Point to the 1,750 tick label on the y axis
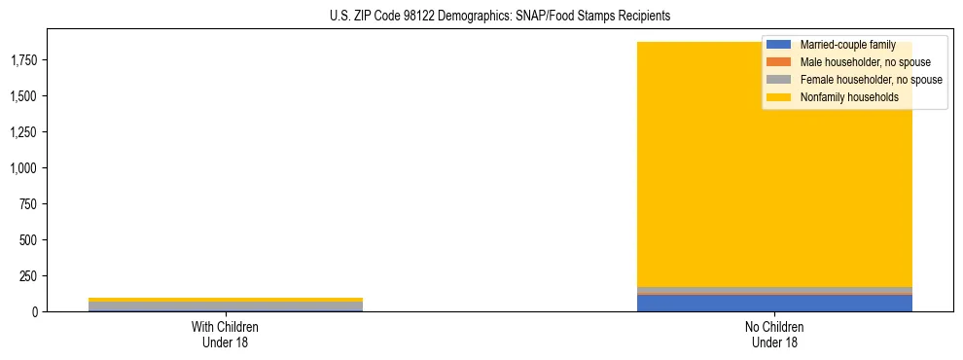pos(24,60)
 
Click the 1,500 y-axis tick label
pos(24,96)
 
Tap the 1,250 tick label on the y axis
pos(24,132)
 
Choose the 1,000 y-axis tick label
pos(24,168)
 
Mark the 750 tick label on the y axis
pos(30,204)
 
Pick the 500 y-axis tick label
pos(30,240)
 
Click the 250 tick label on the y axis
pos(30,276)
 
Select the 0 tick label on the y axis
pos(36,311)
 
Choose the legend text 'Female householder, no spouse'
pos(871,80)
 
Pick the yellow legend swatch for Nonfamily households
pos(779,97)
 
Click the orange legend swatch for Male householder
pos(779,62)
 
